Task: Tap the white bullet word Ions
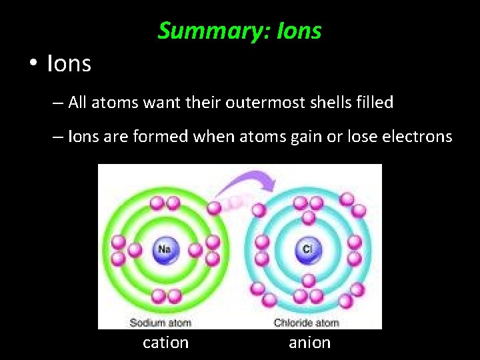pyautogui.click(x=69, y=64)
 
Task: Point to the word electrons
pyautogui.click(x=418, y=137)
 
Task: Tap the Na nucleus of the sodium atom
pyautogui.click(x=164, y=250)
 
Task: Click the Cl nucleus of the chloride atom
pyautogui.click(x=308, y=250)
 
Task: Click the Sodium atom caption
pyautogui.click(x=160, y=323)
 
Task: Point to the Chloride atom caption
pyautogui.click(x=307, y=323)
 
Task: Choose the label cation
pyautogui.click(x=166, y=343)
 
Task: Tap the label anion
pyautogui.click(x=309, y=343)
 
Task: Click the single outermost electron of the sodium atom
pyautogui.click(x=214, y=208)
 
